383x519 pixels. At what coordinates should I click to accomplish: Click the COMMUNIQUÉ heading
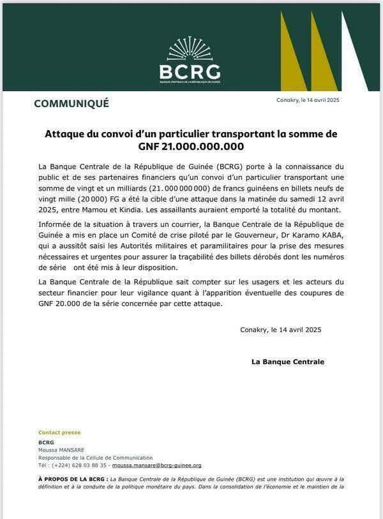pyautogui.click(x=71, y=103)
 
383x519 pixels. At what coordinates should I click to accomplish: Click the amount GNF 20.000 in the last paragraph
pyautogui.click(x=61, y=304)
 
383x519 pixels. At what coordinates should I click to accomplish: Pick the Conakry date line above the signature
pyautogui.click(x=280, y=330)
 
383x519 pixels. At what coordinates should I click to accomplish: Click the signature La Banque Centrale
pyautogui.click(x=288, y=362)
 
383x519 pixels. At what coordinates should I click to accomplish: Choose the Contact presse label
pyautogui.click(x=59, y=432)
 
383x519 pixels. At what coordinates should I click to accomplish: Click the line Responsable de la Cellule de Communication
pyautogui.click(x=95, y=457)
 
